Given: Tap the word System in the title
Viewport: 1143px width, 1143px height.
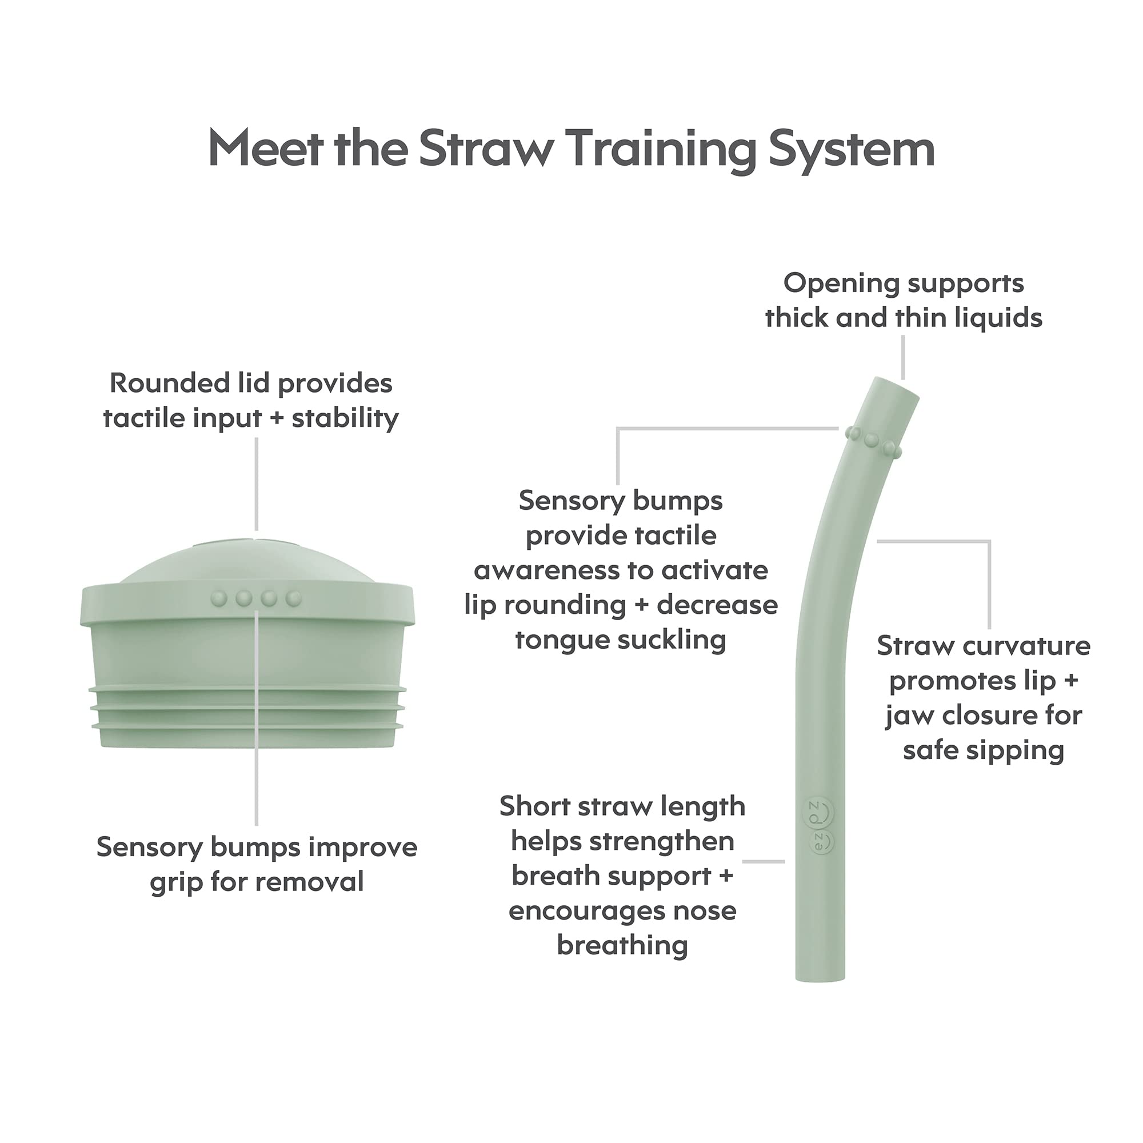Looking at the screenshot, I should point(852,149).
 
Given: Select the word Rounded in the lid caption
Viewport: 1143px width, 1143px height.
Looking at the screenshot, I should point(169,383).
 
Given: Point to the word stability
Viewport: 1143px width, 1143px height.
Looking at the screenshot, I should point(345,418).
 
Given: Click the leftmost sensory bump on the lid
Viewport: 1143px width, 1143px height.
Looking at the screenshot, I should point(219,599).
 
